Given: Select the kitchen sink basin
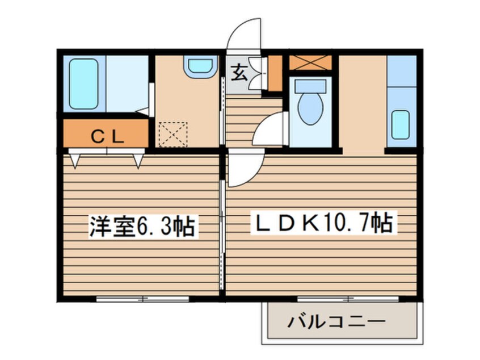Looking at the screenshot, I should click(401, 124).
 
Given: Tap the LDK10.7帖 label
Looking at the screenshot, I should click(322, 224).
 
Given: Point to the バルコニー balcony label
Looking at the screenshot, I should click(336, 322).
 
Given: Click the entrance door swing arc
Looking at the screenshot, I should click(244, 35).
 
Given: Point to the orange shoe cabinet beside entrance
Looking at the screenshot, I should click(275, 73).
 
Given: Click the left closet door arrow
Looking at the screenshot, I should click(75, 160).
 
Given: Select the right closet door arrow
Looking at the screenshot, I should click(137, 160).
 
